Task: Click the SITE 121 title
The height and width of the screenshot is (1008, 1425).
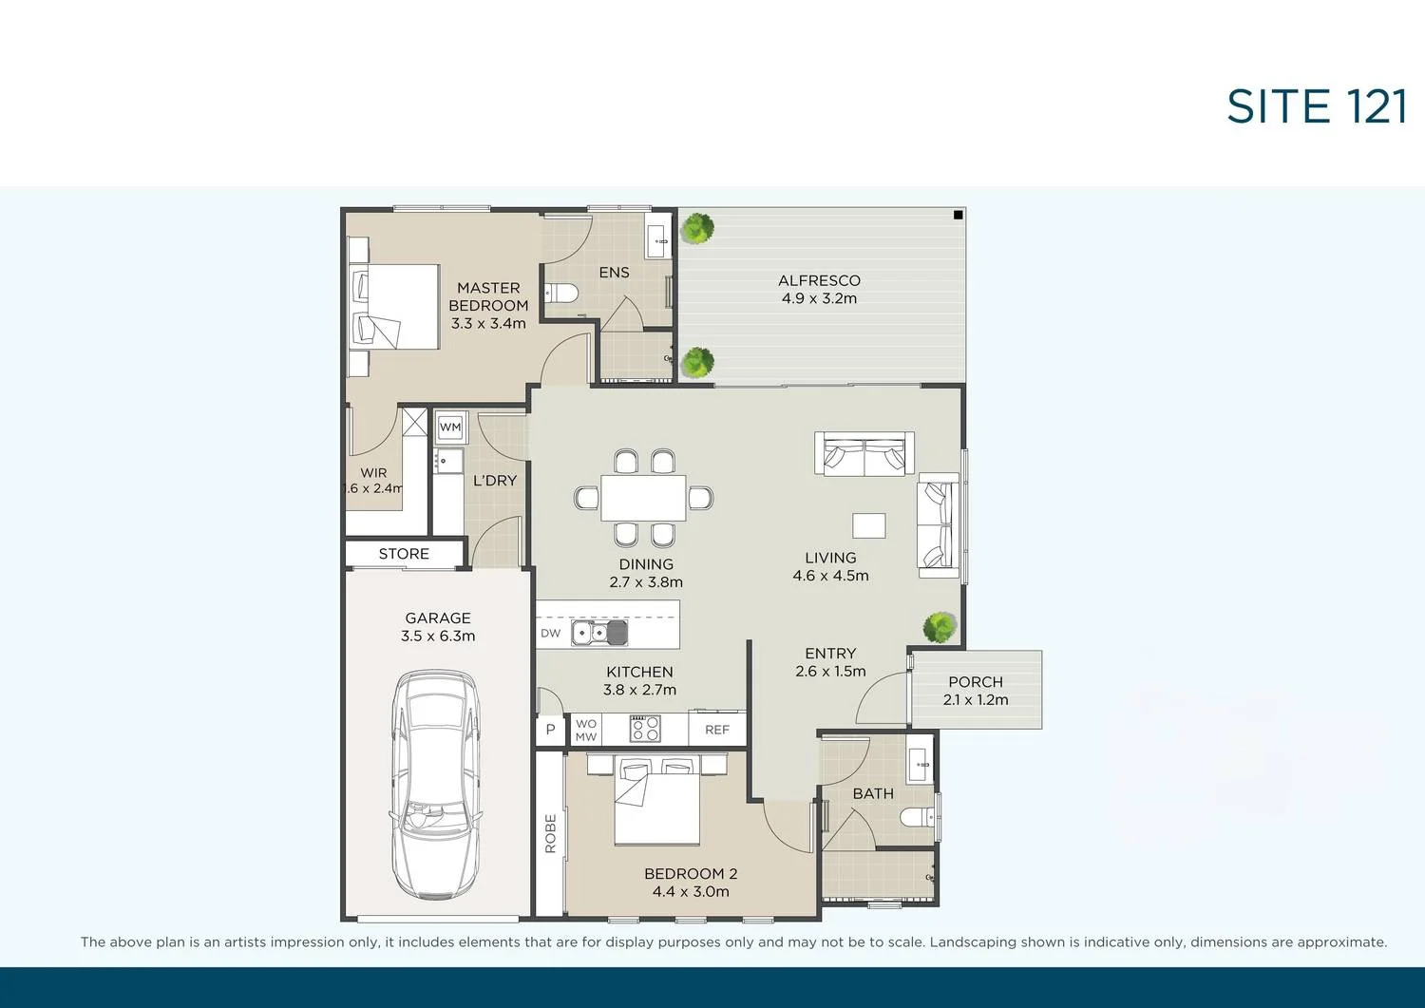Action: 1316,106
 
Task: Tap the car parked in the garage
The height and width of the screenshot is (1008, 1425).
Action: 434,785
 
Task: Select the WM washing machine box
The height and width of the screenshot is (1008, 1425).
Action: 450,428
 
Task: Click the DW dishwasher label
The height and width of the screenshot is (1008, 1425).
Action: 550,633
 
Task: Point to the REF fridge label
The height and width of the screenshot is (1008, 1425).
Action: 717,730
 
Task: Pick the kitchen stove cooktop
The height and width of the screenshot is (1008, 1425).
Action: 645,729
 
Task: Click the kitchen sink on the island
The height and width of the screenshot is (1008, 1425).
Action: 599,632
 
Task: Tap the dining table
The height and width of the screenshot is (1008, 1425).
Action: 643,498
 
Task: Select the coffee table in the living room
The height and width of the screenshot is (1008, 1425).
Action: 868,525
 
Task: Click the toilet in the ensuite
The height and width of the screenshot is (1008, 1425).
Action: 562,293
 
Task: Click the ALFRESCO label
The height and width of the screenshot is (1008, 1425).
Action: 819,280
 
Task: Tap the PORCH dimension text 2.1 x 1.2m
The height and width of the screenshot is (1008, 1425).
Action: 976,700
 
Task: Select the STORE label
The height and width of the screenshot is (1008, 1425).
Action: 404,554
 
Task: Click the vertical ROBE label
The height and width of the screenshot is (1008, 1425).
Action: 550,834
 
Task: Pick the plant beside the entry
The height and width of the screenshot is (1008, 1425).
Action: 940,626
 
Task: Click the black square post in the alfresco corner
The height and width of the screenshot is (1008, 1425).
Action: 958,215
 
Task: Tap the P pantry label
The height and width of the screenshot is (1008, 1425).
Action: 550,730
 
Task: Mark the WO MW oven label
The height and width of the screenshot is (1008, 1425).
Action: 586,730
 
